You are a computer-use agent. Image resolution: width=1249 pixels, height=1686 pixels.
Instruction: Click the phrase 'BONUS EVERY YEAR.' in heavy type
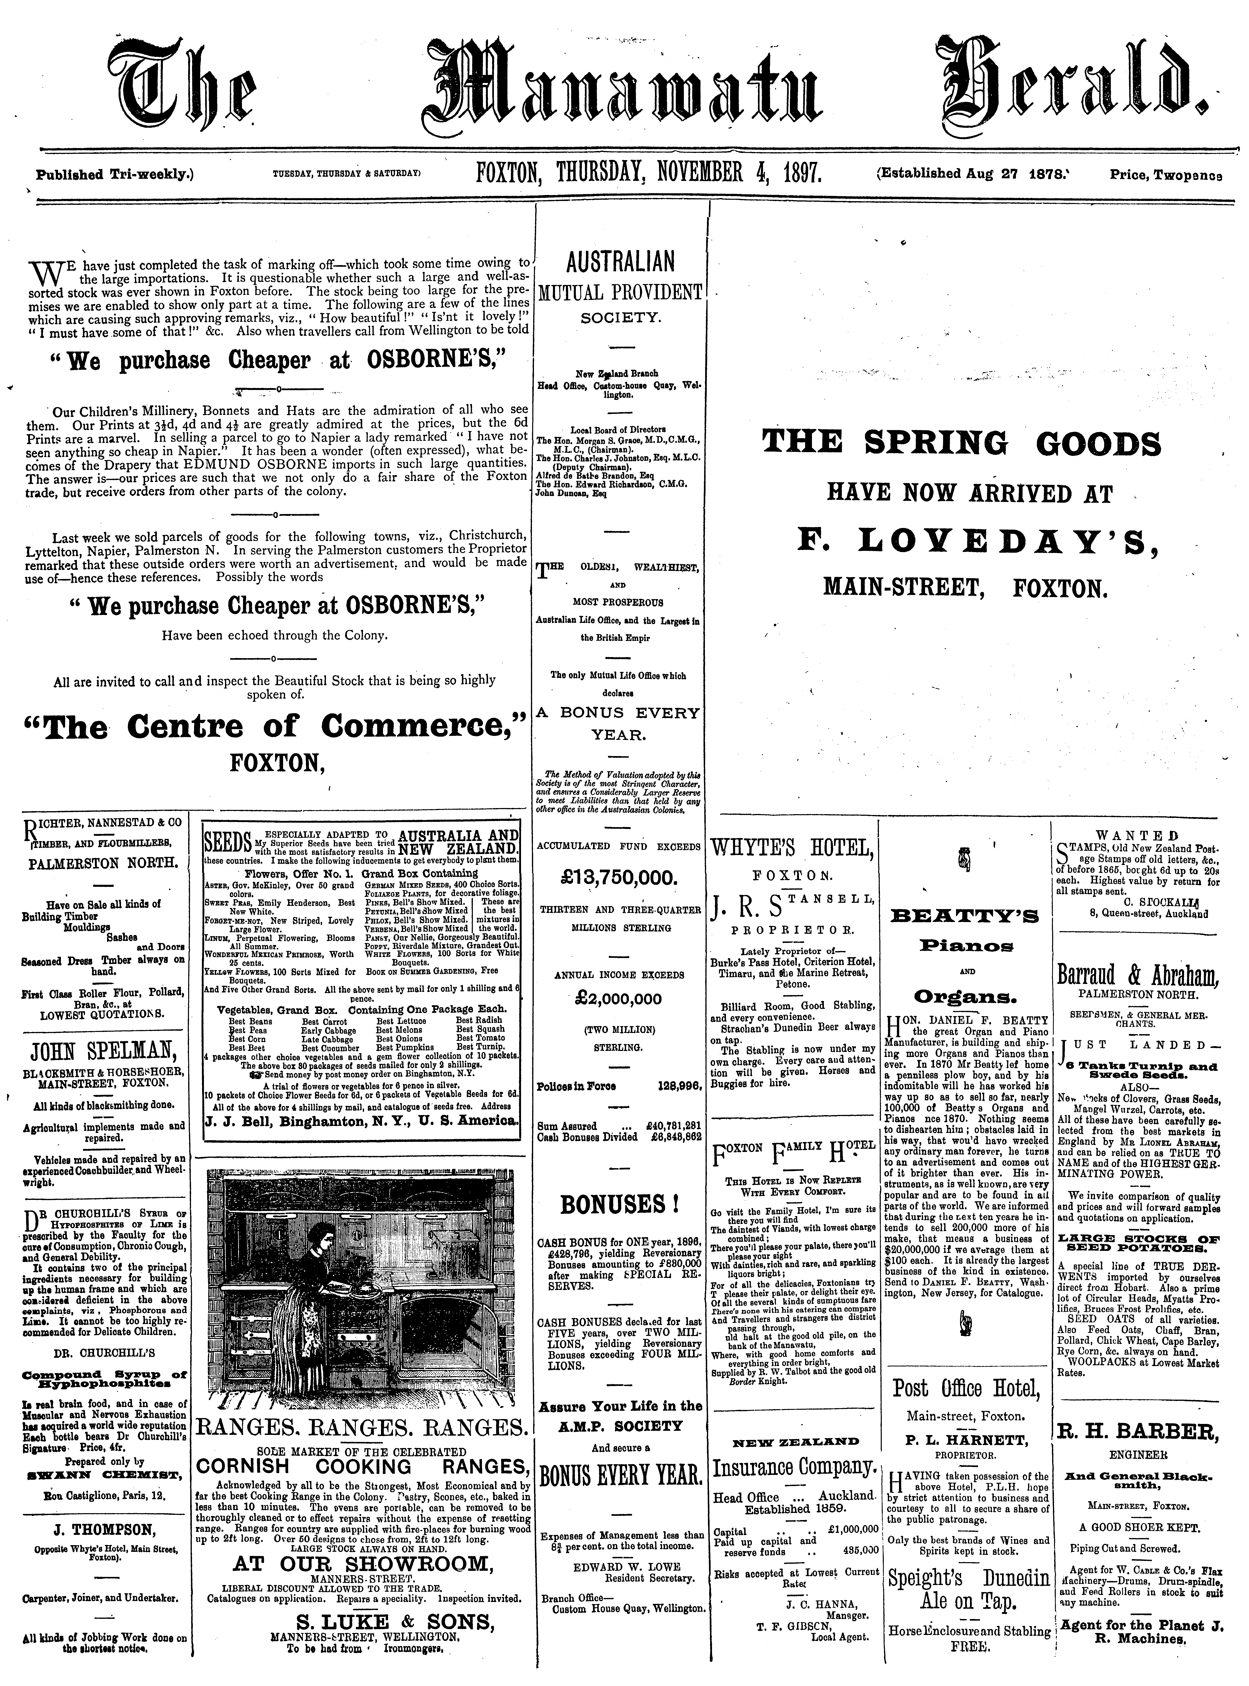tap(620, 1475)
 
